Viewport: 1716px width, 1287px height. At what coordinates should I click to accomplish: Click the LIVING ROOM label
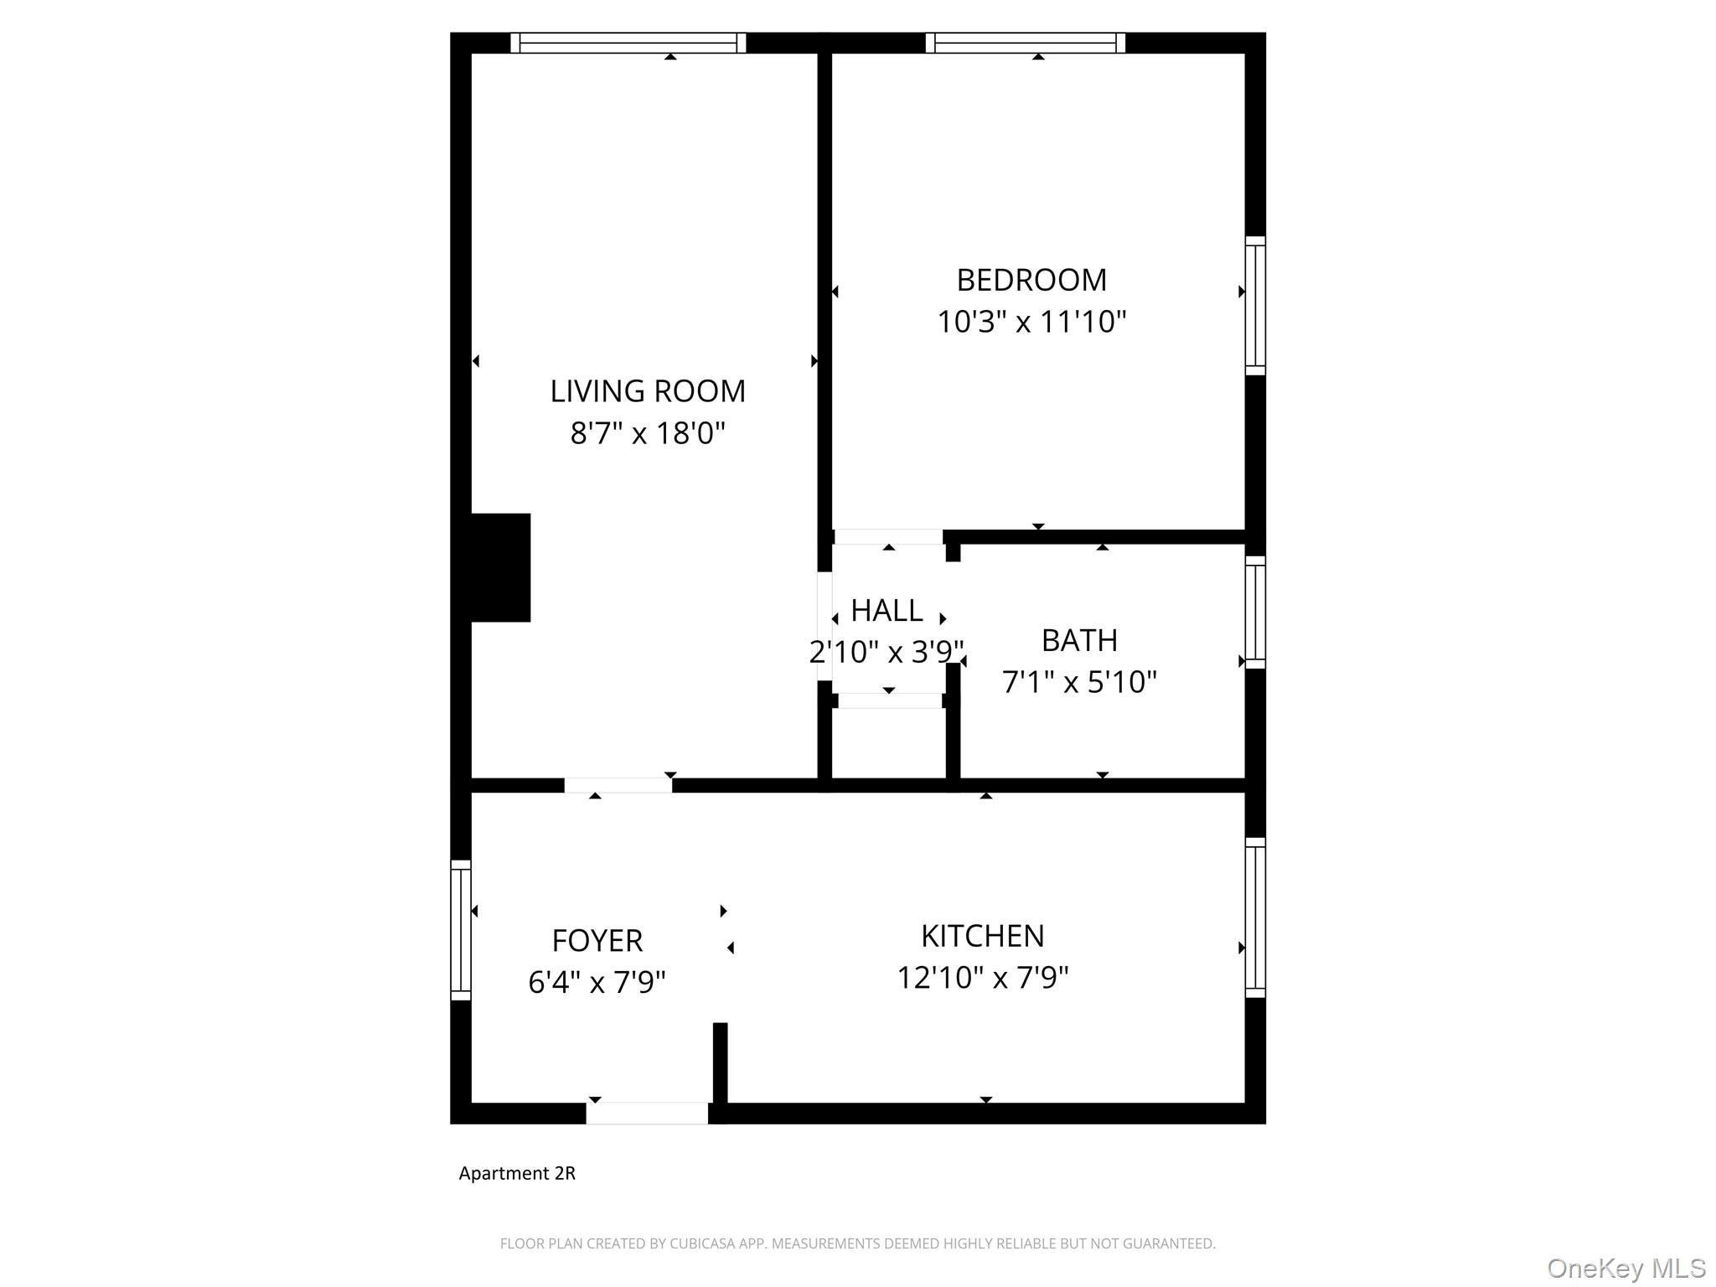(x=647, y=391)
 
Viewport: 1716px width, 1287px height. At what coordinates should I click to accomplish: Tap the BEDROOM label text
(x=1031, y=280)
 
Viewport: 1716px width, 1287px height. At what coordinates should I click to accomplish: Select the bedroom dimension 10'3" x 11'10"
(x=1031, y=322)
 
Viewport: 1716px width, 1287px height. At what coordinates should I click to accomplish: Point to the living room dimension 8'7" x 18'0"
(x=647, y=433)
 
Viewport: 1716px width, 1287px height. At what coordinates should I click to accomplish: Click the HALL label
(x=886, y=611)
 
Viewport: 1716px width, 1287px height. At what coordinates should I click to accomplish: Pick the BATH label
(x=1079, y=641)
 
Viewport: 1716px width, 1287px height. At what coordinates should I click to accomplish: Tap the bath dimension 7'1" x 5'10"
(x=1079, y=682)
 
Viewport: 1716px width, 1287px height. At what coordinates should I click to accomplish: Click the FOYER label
(x=597, y=941)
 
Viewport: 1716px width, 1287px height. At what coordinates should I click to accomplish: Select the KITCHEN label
(x=982, y=936)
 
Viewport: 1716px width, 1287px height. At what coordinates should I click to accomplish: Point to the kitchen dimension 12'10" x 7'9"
(x=982, y=978)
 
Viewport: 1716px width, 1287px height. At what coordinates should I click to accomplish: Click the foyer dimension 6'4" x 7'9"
(x=597, y=982)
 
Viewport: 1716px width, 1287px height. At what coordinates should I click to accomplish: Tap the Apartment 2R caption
(x=517, y=1173)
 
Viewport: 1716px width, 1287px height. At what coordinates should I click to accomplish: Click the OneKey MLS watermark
(x=1626, y=1269)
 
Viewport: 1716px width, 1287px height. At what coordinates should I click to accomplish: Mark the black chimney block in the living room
(x=500, y=567)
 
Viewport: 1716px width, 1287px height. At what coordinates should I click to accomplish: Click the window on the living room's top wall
(x=628, y=43)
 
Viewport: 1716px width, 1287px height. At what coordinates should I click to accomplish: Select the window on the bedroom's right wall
(x=1254, y=306)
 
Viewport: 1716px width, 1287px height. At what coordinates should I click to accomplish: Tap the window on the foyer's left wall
(x=461, y=930)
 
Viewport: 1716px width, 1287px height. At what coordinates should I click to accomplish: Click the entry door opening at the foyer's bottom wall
(x=647, y=1114)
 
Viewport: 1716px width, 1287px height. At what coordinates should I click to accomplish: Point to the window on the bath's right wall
(x=1254, y=612)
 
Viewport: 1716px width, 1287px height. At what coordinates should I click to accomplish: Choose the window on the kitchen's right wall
(x=1254, y=917)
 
